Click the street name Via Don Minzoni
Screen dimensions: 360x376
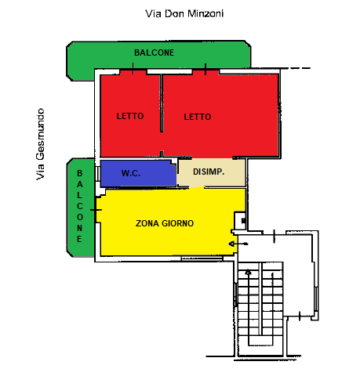tap(184, 13)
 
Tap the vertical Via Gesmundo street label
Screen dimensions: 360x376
tap(40, 144)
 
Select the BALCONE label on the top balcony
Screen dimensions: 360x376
tap(154, 52)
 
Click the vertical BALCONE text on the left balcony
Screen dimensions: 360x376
tap(79, 206)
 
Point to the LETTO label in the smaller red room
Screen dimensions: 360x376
tap(130, 116)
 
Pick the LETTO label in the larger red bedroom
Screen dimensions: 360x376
tap(198, 117)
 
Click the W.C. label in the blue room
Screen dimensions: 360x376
tap(131, 173)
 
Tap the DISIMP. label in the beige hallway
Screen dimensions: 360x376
tap(209, 172)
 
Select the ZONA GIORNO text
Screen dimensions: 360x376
tap(165, 223)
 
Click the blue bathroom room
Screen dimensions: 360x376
tap(138, 173)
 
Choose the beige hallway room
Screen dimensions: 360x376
tap(211, 172)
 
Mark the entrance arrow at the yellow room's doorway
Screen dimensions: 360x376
tap(238, 244)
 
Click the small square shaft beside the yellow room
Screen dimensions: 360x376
tap(241, 221)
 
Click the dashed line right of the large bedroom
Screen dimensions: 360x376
tap(296, 68)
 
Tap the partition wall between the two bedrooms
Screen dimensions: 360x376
tap(162, 103)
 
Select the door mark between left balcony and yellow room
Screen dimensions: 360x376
tap(96, 210)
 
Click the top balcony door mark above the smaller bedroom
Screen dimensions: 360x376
tap(133, 68)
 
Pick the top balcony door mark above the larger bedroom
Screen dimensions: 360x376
tap(205, 69)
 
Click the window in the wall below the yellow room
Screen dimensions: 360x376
tap(202, 258)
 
